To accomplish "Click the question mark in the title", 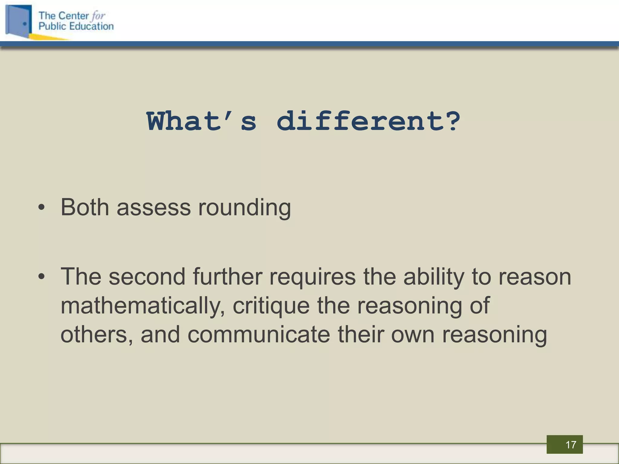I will [x=453, y=121].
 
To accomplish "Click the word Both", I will [x=85, y=208].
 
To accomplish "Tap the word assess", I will [x=154, y=208].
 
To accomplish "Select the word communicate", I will [x=258, y=335].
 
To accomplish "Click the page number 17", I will [x=571, y=445].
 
